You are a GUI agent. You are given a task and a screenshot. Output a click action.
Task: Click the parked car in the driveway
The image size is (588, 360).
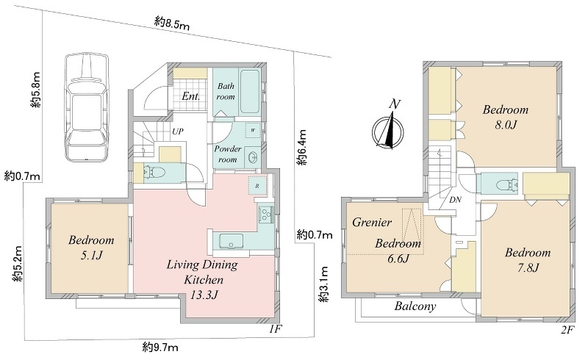[x=87, y=107]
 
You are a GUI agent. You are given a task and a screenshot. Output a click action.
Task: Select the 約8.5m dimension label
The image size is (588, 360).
[x=171, y=24]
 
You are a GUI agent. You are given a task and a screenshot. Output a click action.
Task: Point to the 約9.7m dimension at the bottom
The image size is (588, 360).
[x=160, y=348]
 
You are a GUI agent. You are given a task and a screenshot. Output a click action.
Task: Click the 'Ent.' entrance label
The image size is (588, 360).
[x=190, y=96]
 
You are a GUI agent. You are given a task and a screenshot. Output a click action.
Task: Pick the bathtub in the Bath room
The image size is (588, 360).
[x=250, y=91]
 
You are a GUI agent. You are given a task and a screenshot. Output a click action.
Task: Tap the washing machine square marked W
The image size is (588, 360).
[x=253, y=131]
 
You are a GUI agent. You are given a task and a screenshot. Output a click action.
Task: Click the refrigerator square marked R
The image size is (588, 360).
[x=258, y=186]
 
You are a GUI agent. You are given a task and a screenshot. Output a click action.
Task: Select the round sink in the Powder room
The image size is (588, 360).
[x=253, y=157]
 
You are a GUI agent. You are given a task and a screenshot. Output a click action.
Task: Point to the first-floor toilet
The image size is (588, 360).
[x=155, y=173]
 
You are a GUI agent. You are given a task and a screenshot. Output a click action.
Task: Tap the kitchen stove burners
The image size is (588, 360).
[x=266, y=214]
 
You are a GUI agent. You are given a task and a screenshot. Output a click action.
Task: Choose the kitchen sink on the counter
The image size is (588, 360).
[x=231, y=241]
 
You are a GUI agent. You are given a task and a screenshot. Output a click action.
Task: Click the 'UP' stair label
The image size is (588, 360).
[x=178, y=132]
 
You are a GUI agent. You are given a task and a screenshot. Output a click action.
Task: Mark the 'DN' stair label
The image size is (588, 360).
[x=455, y=200]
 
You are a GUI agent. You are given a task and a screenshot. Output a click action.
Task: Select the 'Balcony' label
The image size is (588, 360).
[x=415, y=306]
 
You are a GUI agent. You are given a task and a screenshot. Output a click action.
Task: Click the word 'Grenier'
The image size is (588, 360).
[x=372, y=223]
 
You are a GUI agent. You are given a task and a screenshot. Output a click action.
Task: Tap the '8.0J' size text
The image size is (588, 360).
[x=506, y=124]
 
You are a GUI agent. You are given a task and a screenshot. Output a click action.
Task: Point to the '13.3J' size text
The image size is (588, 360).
[x=204, y=295]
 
